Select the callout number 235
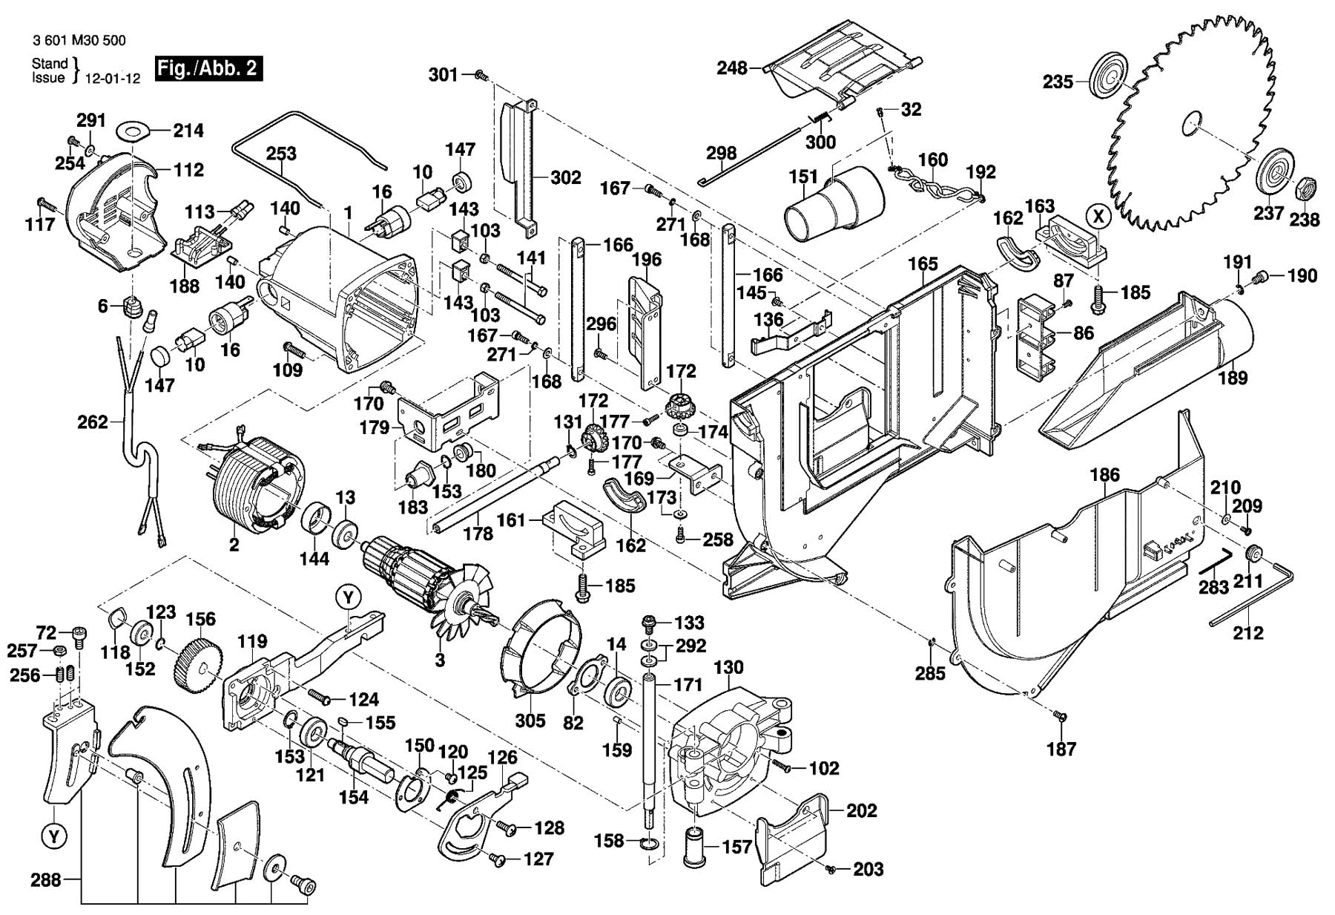tap(1058, 82)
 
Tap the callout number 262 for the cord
tap(93, 423)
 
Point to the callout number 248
tap(732, 68)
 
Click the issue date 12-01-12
tap(112, 79)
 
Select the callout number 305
tap(530, 721)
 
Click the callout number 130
tap(728, 667)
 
